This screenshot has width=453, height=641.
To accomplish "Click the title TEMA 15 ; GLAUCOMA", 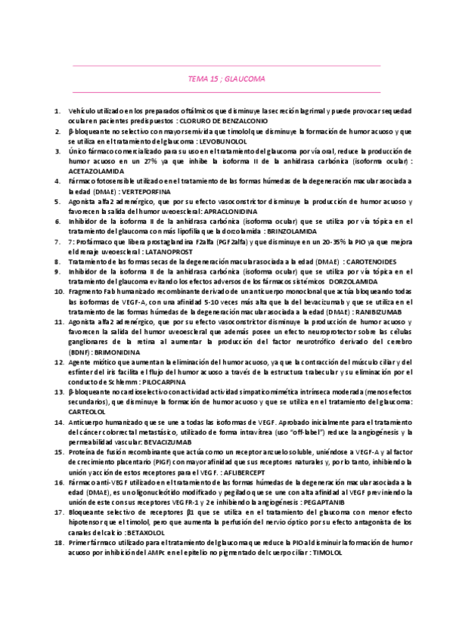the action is (x=226, y=78).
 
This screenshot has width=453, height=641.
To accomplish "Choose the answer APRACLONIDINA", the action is (x=225, y=212).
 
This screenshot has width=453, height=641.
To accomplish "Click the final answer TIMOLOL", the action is (x=327, y=552).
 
